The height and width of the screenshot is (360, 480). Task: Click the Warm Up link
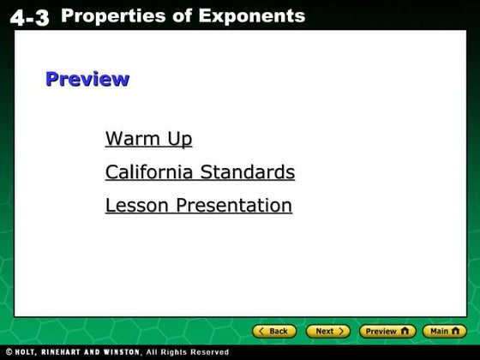point(148,139)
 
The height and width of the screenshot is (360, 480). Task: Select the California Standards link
point(200,172)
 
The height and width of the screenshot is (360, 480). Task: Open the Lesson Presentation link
point(198,206)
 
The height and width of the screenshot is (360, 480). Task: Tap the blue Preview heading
point(87,79)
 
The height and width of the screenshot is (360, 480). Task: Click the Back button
point(274,331)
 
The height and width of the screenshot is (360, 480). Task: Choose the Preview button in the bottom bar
point(386,331)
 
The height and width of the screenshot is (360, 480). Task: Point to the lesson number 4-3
point(31,17)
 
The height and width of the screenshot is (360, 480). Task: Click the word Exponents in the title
point(254,15)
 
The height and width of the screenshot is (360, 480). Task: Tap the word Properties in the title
point(117,15)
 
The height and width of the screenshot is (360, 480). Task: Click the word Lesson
point(138,206)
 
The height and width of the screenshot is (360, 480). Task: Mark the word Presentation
point(234,206)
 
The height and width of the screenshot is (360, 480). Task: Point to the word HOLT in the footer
point(27,352)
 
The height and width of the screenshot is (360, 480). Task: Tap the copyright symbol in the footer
point(8,352)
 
